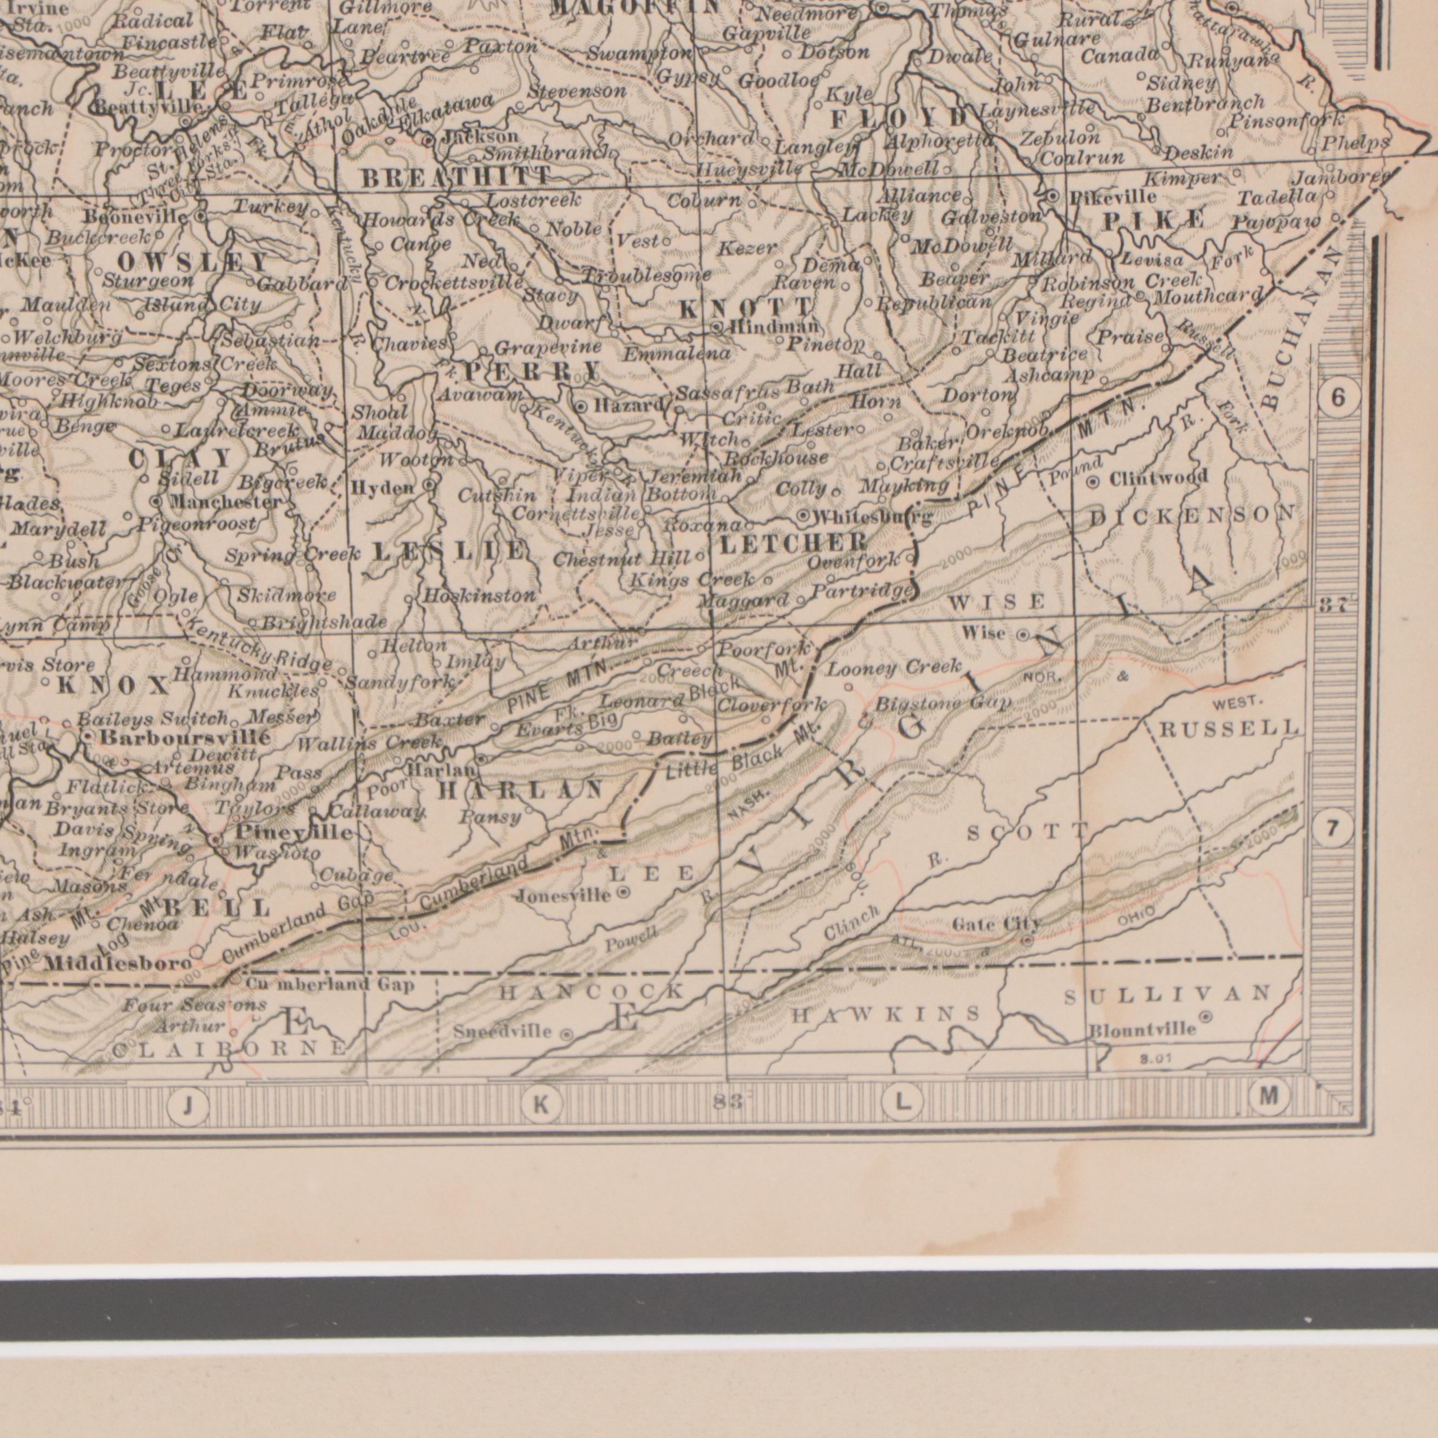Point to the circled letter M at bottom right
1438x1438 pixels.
coord(1270,1095)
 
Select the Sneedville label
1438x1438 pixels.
coord(503,1032)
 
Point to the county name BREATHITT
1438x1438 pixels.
coord(455,178)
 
